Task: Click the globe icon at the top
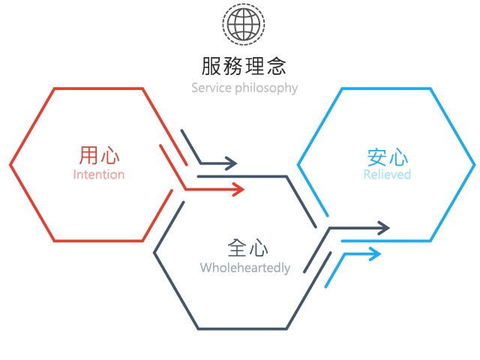[244, 24]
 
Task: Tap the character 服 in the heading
[211, 66]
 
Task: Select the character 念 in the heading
[277, 66]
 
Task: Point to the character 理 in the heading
[255, 66]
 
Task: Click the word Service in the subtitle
[211, 88]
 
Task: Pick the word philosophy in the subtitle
[266, 88]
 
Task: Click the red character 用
[88, 155]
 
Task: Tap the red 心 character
[110, 155]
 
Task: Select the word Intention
[99, 175]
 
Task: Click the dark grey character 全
[237, 247]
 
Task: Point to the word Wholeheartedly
[245, 268]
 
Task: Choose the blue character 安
[376, 157]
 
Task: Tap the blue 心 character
[398, 157]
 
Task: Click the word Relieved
[387, 175]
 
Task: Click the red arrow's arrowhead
[238, 190]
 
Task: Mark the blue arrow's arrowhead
[375, 253]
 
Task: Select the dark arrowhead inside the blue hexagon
[384, 228]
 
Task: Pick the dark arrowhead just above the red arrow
[232, 163]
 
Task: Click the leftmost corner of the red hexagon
[10, 165]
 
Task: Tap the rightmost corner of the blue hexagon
[475, 165]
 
